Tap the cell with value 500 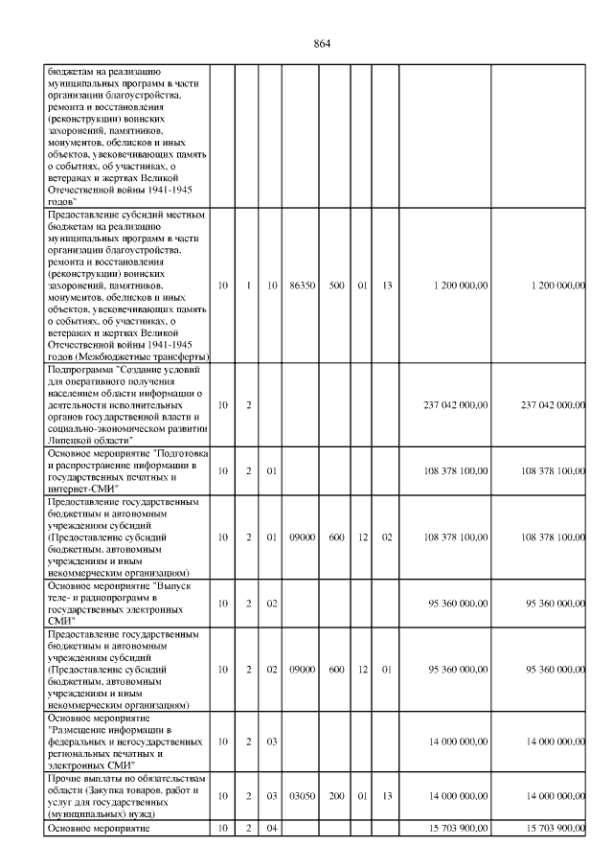(336, 285)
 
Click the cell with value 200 (336, 796)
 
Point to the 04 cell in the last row (272, 828)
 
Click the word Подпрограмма (79, 368)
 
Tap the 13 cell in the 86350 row (388, 285)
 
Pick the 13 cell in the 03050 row (388, 796)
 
